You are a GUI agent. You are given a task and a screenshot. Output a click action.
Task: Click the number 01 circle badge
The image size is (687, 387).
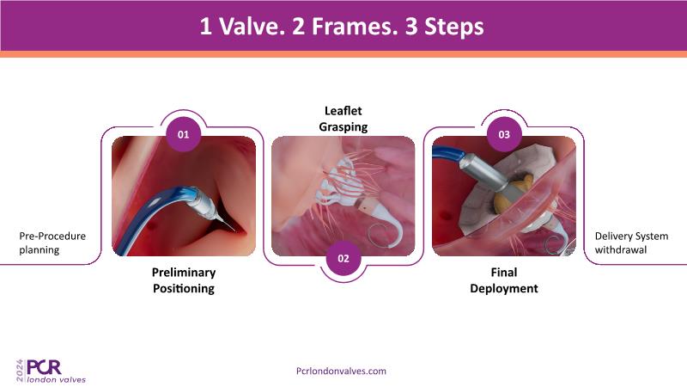[183, 134]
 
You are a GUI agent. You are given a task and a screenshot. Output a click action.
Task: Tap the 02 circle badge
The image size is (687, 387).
[343, 259]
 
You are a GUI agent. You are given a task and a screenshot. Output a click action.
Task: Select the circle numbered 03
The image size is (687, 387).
[504, 134]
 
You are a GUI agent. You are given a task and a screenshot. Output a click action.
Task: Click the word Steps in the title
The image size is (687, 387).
[454, 28]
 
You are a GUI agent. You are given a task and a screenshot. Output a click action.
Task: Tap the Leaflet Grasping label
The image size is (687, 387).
[343, 119]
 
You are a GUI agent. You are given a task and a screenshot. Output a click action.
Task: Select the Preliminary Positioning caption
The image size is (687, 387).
[184, 280]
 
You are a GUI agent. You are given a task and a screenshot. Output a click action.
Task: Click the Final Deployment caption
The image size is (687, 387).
[504, 280]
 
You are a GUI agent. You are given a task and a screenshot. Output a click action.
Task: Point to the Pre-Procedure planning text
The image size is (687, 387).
[52, 243]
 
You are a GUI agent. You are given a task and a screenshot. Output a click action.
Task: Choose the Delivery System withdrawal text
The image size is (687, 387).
[631, 243]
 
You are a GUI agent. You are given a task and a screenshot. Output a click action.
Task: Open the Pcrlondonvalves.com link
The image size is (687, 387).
[341, 371]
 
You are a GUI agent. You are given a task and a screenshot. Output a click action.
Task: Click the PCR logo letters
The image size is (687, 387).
[45, 367]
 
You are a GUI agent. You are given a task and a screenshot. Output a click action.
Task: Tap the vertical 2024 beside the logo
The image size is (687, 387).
[20, 371]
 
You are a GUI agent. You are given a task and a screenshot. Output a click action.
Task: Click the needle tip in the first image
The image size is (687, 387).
[234, 230]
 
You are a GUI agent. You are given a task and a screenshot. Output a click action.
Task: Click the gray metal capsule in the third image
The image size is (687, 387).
[485, 173]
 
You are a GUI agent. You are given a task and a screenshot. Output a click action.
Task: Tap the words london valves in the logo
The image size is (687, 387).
[57, 379]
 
